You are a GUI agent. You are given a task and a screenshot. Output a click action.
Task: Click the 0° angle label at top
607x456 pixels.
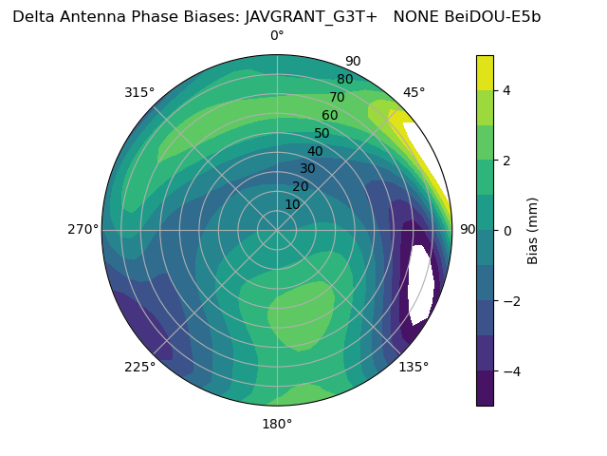(x=277, y=36)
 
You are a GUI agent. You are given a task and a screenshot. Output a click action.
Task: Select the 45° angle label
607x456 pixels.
(x=414, y=92)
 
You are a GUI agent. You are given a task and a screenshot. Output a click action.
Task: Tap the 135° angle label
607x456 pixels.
(x=414, y=367)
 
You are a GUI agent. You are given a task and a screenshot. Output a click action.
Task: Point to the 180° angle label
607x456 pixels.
(x=277, y=424)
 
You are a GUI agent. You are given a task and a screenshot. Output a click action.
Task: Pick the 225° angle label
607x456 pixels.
(x=139, y=367)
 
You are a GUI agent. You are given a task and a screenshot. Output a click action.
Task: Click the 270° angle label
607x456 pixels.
(x=83, y=229)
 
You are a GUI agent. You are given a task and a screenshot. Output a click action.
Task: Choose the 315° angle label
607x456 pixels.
(x=139, y=92)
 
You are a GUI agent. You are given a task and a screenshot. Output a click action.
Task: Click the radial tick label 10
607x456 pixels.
(x=292, y=204)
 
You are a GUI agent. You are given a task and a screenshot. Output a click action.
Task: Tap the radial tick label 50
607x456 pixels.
(x=322, y=133)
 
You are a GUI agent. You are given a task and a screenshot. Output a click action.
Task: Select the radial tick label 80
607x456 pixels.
(x=344, y=79)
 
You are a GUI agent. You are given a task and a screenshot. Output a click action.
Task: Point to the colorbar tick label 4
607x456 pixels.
(x=507, y=90)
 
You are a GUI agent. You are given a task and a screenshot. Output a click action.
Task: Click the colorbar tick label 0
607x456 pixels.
(x=507, y=230)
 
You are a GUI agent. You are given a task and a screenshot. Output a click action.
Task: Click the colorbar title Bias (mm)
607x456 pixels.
(x=533, y=230)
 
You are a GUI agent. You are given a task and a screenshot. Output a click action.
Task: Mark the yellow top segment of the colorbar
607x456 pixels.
(x=485, y=73)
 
